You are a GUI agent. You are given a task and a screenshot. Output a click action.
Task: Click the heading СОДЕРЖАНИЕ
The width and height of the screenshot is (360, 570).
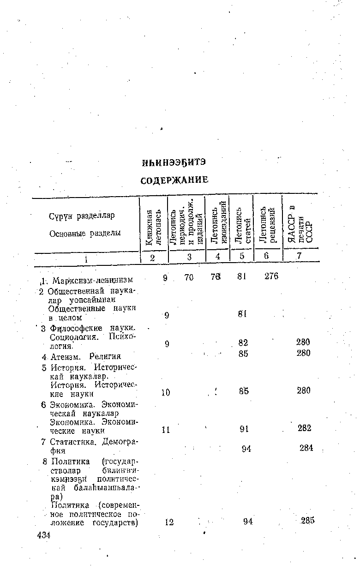click(x=174, y=180)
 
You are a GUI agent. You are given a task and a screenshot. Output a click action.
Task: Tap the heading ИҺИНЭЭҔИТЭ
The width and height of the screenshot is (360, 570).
click(x=174, y=163)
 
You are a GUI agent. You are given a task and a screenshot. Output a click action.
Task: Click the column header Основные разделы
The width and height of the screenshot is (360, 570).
click(x=85, y=234)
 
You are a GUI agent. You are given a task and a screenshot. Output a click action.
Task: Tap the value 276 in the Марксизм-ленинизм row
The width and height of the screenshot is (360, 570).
click(x=271, y=276)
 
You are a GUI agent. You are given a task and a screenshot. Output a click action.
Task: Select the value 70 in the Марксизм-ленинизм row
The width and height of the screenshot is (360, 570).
click(x=188, y=277)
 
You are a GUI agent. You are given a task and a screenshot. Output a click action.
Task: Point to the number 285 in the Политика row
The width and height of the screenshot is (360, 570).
click(x=307, y=521)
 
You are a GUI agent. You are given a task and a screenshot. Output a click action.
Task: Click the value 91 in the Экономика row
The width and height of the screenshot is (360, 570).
click(x=245, y=428)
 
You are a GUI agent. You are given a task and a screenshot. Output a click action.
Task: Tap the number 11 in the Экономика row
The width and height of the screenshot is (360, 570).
click(x=166, y=429)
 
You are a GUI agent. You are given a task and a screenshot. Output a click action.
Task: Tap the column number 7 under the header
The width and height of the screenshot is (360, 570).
click(x=299, y=256)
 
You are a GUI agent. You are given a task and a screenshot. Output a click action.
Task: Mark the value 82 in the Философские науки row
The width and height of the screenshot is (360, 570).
click(x=243, y=343)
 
